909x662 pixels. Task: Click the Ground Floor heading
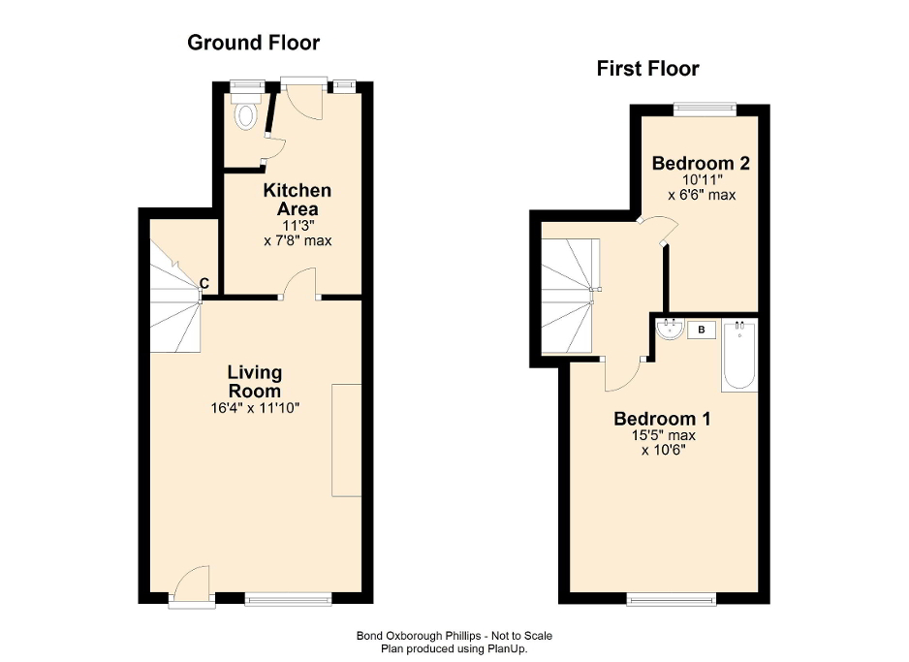click(x=253, y=43)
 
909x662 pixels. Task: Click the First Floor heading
click(x=647, y=69)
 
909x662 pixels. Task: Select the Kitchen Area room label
click(x=298, y=200)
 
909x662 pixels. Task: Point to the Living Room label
click(x=255, y=380)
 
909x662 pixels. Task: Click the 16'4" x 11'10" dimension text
click(x=255, y=408)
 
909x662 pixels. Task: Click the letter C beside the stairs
click(x=204, y=283)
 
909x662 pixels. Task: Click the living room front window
click(x=288, y=600)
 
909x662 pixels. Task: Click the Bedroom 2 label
click(x=702, y=162)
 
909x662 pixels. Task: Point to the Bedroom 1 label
click(x=663, y=420)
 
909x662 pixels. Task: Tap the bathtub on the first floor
click(x=739, y=356)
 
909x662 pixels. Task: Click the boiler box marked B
click(x=701, y=331)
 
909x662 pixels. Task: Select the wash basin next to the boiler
click(x=669, y=331)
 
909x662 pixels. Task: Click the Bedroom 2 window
click(x=705, y=109)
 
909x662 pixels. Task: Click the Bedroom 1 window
click(x=672, y=600)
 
